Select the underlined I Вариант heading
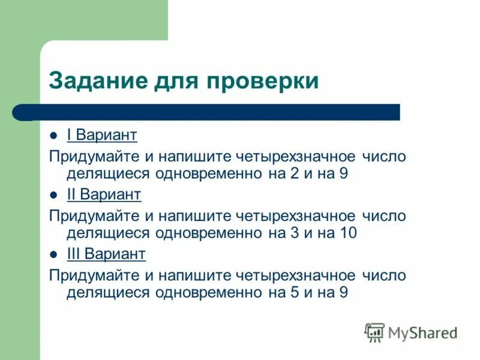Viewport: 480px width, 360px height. point(102,134)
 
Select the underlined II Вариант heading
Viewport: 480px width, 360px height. point(104,194)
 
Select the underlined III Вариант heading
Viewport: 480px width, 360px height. point(106,254)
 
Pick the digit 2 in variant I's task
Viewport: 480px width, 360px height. point(294,174)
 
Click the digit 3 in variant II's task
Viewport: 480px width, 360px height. point(294,233)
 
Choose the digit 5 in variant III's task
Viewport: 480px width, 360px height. point(294,293)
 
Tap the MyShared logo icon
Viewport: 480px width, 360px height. point(375,332)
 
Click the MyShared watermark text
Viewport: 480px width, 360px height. point(422,332)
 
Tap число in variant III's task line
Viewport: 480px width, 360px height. point(384,276)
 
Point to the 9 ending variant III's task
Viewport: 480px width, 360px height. point(344,293)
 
